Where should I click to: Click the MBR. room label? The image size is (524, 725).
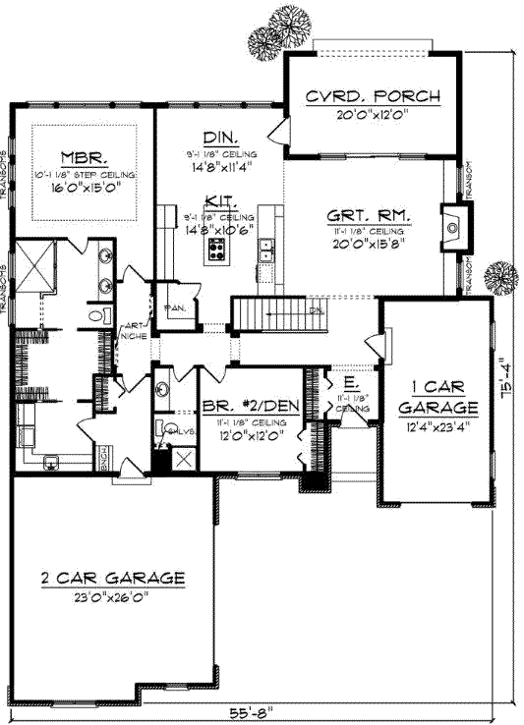coord(84,157)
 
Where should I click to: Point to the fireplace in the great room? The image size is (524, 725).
coord(452,228)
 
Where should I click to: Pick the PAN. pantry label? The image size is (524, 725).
coord(183,307)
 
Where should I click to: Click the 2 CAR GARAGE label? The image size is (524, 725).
coord(113,578)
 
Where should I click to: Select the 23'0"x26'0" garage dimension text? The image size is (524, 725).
coord(113,594)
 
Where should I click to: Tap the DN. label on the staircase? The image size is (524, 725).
coord(316,308)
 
